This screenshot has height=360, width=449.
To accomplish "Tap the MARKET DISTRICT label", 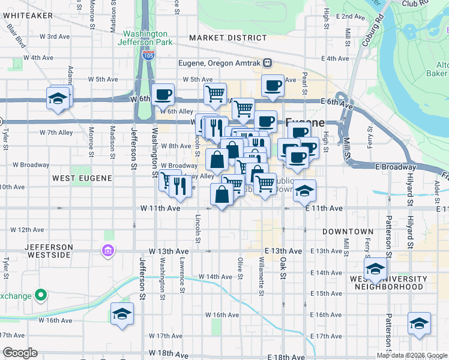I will (218, 38).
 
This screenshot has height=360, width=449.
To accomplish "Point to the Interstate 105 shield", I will (148, 55).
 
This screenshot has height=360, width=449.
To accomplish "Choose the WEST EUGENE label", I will (82, 178).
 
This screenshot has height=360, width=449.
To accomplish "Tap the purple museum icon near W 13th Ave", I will (108, 250).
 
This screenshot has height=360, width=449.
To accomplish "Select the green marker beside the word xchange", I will (40, 295).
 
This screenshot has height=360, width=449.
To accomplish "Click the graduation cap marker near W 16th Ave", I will (122, 314).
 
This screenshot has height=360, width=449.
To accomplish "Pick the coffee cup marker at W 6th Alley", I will (163, 94).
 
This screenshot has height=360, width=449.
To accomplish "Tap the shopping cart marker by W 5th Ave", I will (214, 94).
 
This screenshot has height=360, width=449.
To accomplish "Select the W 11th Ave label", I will (160, 208).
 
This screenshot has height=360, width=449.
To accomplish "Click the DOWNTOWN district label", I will (348, 232).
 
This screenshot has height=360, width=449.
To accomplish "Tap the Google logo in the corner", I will (20, 353).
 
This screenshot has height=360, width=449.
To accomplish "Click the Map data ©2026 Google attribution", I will (412, 355).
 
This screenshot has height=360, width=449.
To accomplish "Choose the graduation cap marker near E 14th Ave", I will (375, 269).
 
